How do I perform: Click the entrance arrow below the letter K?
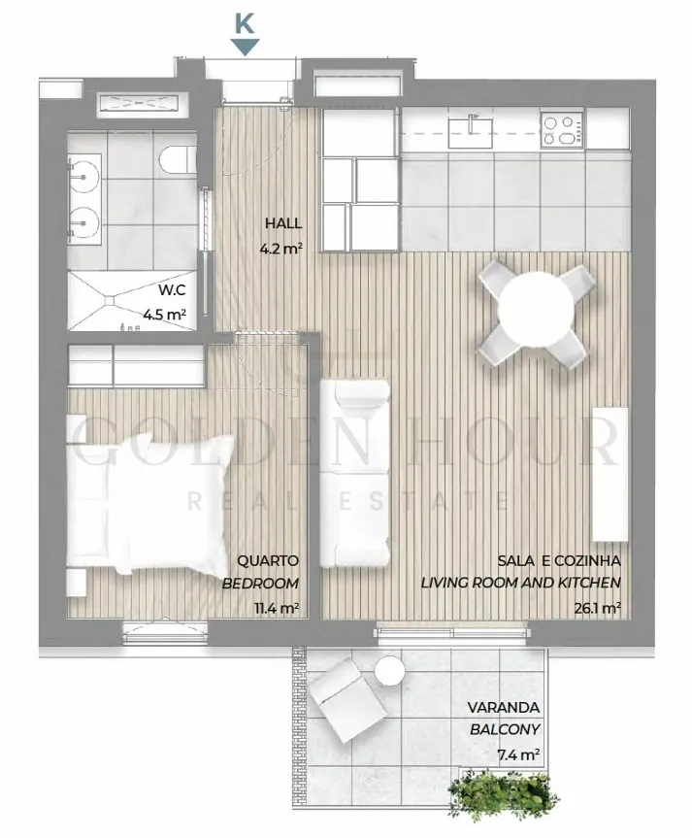pos(245,47)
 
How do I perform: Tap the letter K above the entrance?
pos(245,22)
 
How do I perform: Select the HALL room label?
pos(283,223)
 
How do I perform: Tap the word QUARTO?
pos(268,561)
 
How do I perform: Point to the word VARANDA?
pos(504,708)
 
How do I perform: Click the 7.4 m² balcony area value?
pos(518,754)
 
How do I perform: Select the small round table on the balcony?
pos(390,671)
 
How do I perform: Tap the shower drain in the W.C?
pos(111,301)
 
